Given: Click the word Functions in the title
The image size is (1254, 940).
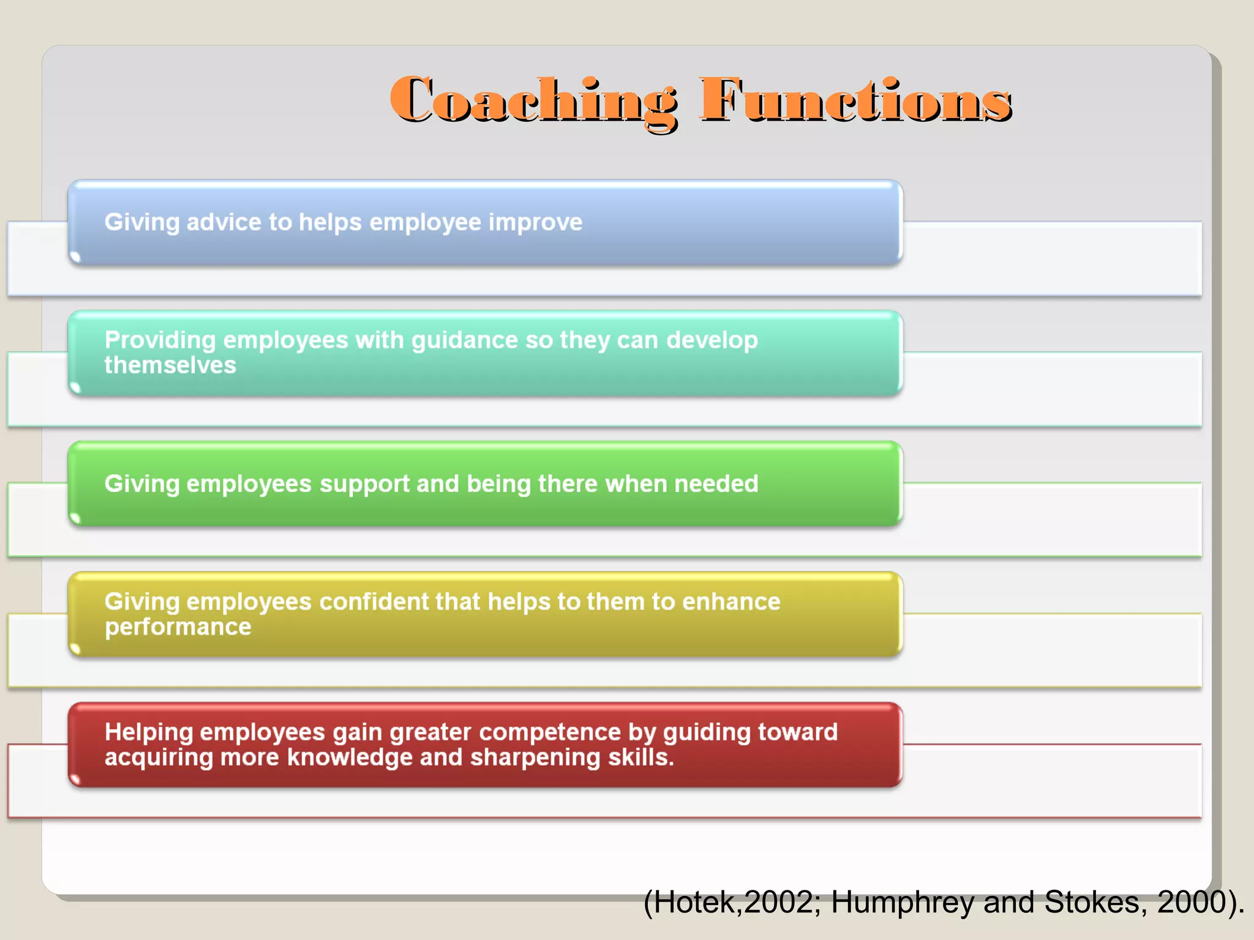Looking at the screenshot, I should coord(855,101).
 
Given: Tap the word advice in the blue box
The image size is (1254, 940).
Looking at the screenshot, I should coord(223,222).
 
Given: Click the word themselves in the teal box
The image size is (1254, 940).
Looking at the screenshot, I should coord(170,365).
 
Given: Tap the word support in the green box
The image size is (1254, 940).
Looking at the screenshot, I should coord(364,484).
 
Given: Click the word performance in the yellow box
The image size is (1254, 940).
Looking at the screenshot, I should coord(178,627).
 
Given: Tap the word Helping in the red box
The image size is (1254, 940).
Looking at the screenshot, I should coord(149,733).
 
